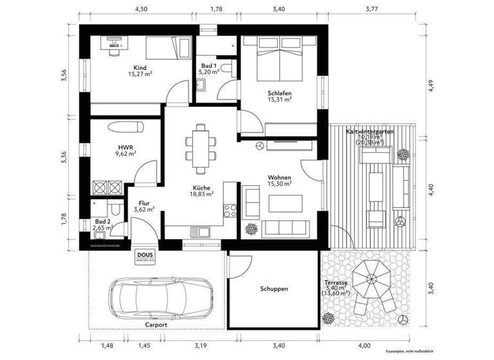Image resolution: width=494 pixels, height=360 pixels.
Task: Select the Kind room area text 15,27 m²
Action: tap(140, 74)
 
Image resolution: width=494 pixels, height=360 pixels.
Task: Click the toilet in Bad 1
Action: tap(226, 68)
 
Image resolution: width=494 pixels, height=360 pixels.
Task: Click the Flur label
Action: tap(144, 203)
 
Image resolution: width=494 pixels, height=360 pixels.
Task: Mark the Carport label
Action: tap(156, 325)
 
